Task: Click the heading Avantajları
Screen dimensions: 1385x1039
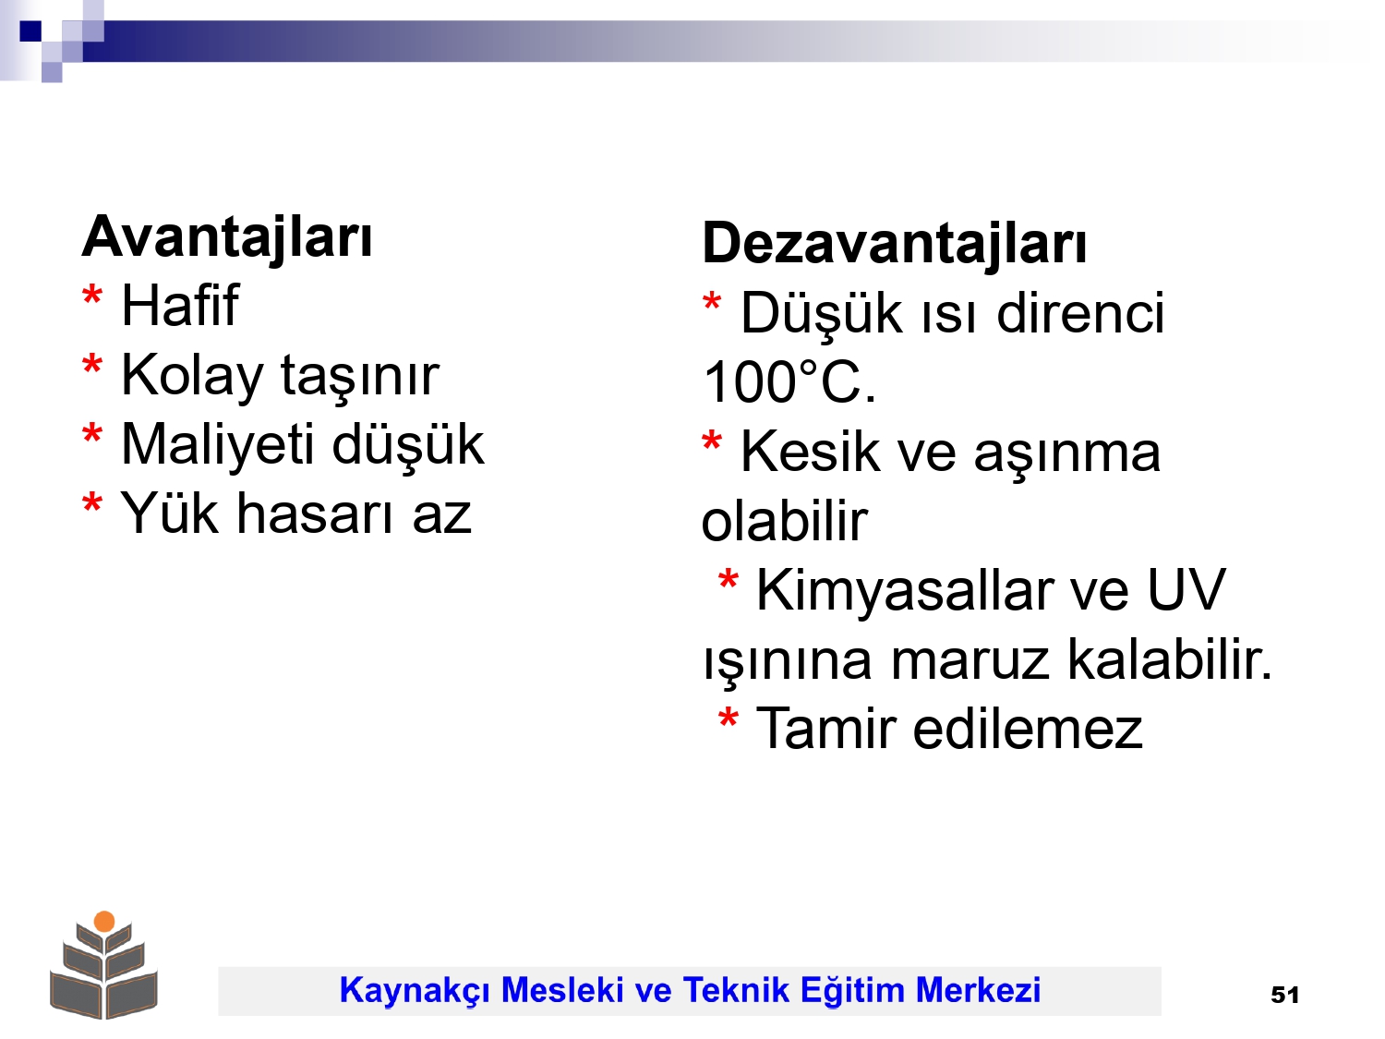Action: click(226, 238)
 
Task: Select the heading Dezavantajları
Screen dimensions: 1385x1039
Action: click(894, 244)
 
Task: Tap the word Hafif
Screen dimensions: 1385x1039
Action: click(180, 306)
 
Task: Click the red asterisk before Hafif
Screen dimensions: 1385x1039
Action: click(92, 296)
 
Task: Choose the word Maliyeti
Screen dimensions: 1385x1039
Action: click(218, 445)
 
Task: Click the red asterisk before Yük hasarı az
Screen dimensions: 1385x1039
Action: click(92, 503)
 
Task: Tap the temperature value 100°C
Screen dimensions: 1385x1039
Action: click(789, 382)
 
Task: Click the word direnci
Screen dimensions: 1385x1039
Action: click(1080, 313)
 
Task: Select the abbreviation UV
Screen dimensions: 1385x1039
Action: click(1186, 590)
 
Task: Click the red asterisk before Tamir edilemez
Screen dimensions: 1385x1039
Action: click(729, 719)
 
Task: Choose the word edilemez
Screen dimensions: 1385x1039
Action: click(1028, 730)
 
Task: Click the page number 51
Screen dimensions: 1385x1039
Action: click(1284, 995)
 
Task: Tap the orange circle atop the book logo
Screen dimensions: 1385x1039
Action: click(104, 921)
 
